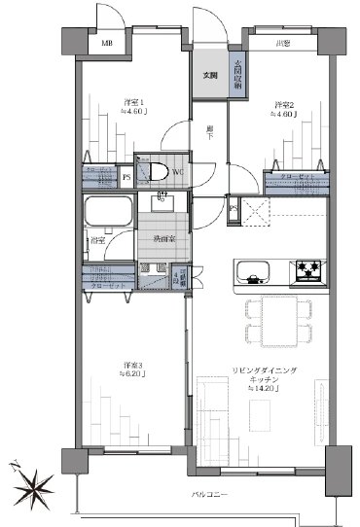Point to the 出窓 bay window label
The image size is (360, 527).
coord(281,44)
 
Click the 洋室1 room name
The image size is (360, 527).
coord(133,102)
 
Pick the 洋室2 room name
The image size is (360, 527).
coord(282,105)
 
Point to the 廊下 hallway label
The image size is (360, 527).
coord(210,134)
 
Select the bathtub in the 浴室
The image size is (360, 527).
coord(107,213)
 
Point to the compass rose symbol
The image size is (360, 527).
coord(36,482)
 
